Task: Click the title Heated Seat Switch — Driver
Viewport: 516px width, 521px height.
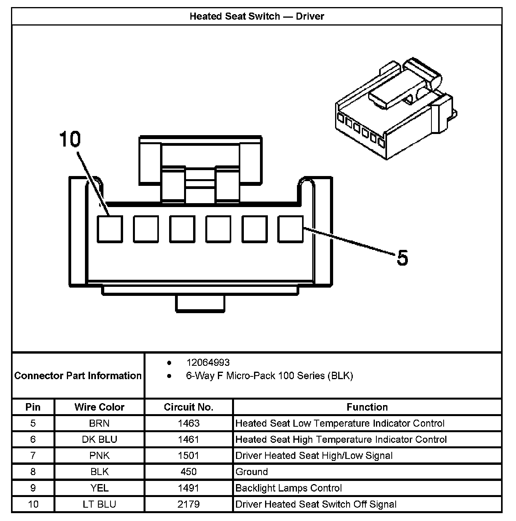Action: tap(257, 17)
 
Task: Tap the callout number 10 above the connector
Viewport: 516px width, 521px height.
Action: tap(70, 139)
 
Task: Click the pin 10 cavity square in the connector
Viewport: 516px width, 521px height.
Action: tap(110, 229)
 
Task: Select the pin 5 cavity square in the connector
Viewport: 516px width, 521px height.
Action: tap(291, 229)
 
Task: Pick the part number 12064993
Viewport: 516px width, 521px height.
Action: tap(208, 362)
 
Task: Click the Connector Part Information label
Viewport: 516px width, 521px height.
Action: tap(78, 376)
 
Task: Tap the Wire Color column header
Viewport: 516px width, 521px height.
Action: tap(100, 407)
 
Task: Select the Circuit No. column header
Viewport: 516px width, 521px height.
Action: tap(188, 407)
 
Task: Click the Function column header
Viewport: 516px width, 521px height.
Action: tap(367, 407)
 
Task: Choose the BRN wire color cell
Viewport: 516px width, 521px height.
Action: tap(100, 423)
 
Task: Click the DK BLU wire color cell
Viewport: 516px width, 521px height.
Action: tap(100, 439)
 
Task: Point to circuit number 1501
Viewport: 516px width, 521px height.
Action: tap(188, 455)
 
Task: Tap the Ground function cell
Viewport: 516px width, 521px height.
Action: tap(252, 471)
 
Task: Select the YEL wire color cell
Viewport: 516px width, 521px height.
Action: tap(100, 488)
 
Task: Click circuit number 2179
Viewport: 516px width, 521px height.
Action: tap(188, 504)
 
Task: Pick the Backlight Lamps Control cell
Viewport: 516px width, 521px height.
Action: tap(288, 488)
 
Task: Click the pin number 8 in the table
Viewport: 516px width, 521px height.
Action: tap(33, 471)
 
